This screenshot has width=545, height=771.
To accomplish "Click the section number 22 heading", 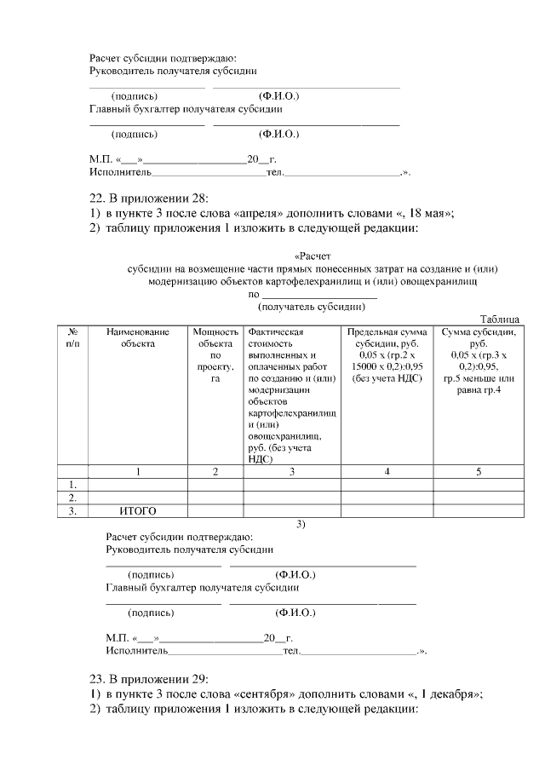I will (97, 198).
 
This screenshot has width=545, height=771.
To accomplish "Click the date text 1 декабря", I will (445, 694).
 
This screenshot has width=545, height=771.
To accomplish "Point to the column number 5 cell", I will (478, 471).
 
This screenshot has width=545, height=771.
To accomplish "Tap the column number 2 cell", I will (215, 471).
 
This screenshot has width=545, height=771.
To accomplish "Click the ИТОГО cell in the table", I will (138, 511).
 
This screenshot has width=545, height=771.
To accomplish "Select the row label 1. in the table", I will (72, 485).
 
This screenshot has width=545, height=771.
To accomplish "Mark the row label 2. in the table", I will (72, 498).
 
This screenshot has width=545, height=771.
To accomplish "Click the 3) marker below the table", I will (301, 524).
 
